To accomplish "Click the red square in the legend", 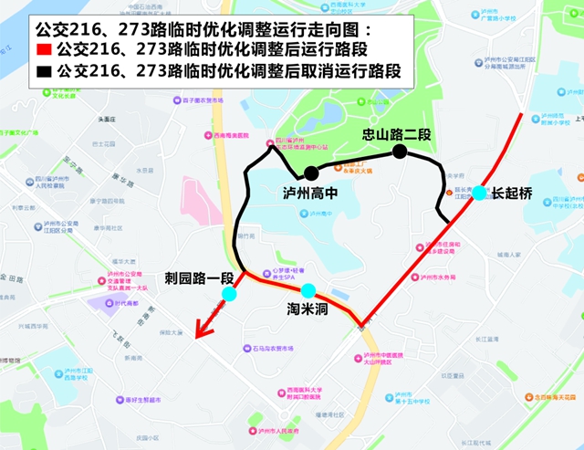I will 43,48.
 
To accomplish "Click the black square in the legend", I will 43,70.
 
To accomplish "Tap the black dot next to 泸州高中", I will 311,173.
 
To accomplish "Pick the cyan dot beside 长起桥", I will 480,194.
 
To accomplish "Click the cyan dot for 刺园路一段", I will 229,294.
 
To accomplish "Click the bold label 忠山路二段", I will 396,134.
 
